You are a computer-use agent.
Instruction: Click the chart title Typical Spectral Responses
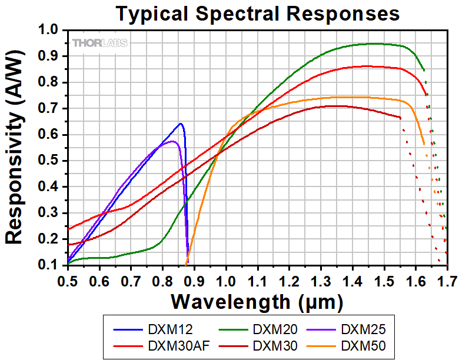coord(257,14)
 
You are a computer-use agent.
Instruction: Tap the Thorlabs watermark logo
coord(99,43)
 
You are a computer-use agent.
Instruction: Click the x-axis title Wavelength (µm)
coord(257,302)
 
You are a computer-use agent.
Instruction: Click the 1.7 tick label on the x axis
coord(447,279)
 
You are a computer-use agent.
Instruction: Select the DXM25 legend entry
coord(362,327)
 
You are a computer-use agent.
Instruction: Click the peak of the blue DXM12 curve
coord(180,124)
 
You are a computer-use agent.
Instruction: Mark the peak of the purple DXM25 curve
coord(172,141)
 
